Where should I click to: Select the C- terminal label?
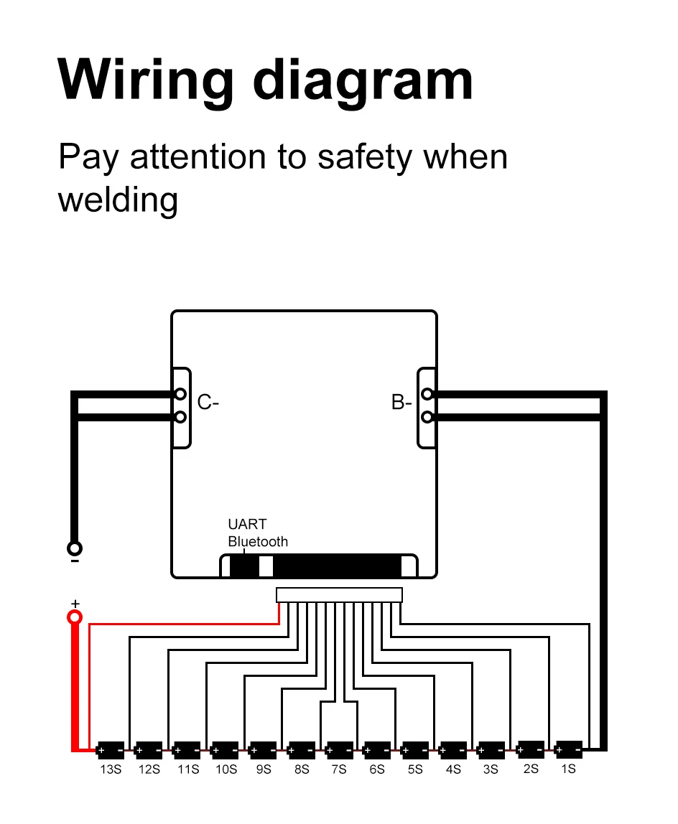coord(208,403)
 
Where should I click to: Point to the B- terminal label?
coord(401,403)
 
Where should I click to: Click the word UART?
coord(247,525)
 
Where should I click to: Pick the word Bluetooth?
coord(258,542)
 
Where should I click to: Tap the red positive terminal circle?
coord(75,617)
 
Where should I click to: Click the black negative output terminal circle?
coord(75,549)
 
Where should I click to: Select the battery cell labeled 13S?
coord(110,750)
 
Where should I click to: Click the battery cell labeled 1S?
coord(569,749)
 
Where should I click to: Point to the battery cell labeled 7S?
coord(339,750)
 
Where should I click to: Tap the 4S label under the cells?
coord(453,770)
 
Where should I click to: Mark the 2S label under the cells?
coord(531,769)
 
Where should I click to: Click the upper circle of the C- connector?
coord(180,394)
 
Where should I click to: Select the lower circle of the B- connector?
coord(427,416)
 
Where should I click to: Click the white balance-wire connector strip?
coord(339,595)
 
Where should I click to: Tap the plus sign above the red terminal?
coord(75,603)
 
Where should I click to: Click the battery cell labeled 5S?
coord(415,750)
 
